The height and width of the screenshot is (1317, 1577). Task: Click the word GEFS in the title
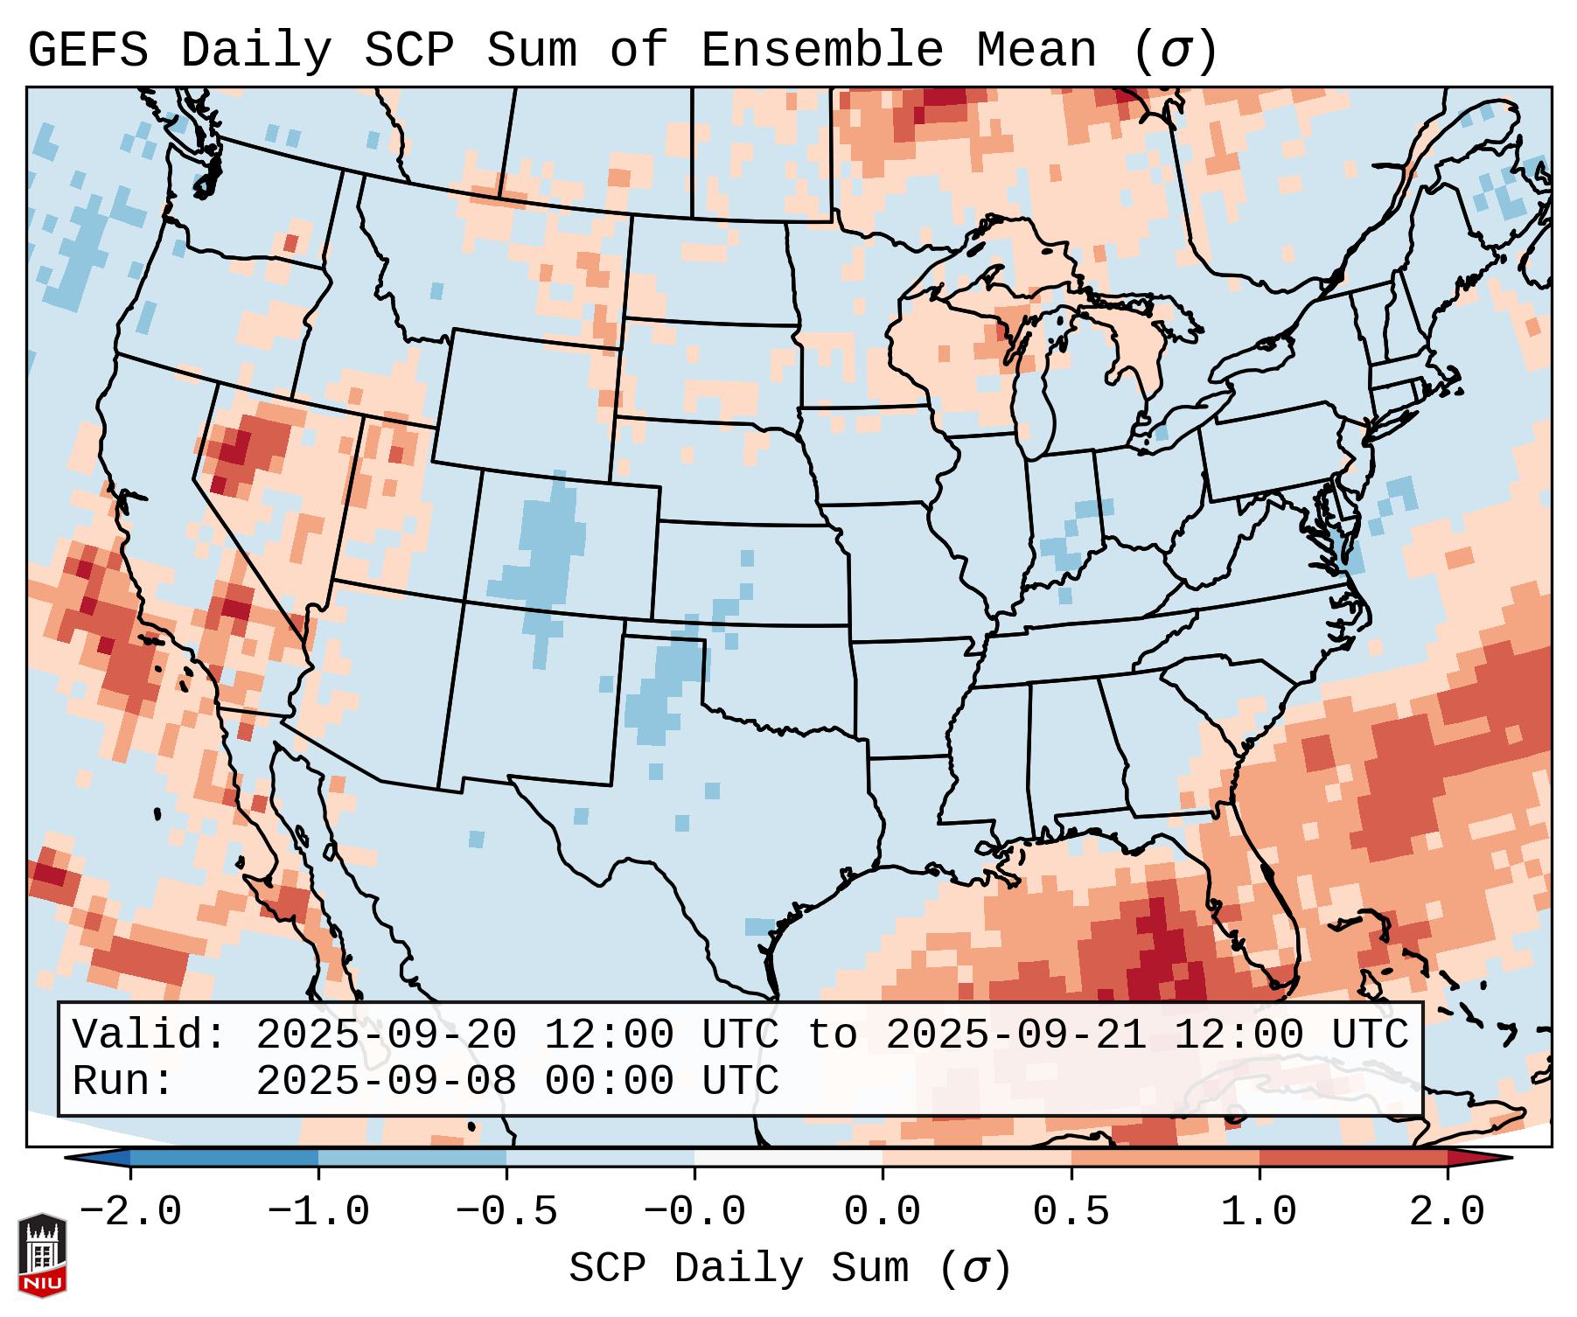tap(87, 51)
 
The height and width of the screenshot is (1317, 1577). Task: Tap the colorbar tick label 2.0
tap(1447, 1212)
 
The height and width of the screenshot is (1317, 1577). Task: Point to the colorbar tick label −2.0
tap(130, 1212)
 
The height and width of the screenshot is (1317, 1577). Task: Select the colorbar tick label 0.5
tap(1071, 1212)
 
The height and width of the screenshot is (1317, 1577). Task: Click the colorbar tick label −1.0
tap(317, 1212)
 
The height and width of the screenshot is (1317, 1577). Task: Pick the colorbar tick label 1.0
tap(1259, 1212)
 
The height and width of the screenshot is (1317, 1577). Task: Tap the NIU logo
tap(42, 1256)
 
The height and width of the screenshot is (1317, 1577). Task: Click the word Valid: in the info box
tap(150, 1035)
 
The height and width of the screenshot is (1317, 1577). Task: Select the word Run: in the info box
tap(123, 1081)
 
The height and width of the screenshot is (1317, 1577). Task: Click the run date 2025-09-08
tap(386, 1081)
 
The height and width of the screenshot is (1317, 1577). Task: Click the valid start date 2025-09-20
tap(386, 1035)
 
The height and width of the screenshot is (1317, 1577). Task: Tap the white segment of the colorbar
tap(788, 1158)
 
